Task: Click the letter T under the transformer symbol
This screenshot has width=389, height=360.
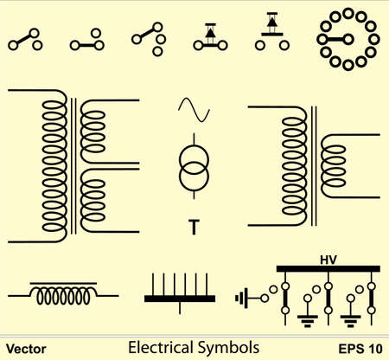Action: pos(194,227)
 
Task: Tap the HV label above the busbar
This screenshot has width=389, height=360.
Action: pos(328,260)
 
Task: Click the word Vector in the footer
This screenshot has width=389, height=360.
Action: pos(26,349)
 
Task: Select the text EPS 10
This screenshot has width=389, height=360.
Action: pos(360,349)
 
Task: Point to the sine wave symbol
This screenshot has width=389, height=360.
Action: pos(194,110)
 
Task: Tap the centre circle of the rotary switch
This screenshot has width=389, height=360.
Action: pos(348,39)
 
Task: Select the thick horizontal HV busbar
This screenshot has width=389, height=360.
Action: pos(328,269)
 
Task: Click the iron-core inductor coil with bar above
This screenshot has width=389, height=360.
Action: pos(63,294)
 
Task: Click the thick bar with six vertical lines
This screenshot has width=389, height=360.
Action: pos(180,299)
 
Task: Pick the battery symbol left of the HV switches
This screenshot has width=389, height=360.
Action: pos(242,298)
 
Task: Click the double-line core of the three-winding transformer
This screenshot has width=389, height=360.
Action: pos(73,166)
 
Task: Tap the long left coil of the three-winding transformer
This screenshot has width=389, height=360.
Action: pos(54,166)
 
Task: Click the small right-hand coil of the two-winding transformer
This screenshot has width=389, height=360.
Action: pos(334,166)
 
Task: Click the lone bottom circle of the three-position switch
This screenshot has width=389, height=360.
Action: pos(157,52)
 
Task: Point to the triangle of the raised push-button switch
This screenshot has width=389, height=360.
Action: pos(271,22)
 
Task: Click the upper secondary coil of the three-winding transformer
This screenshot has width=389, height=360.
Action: pos(92,132)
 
